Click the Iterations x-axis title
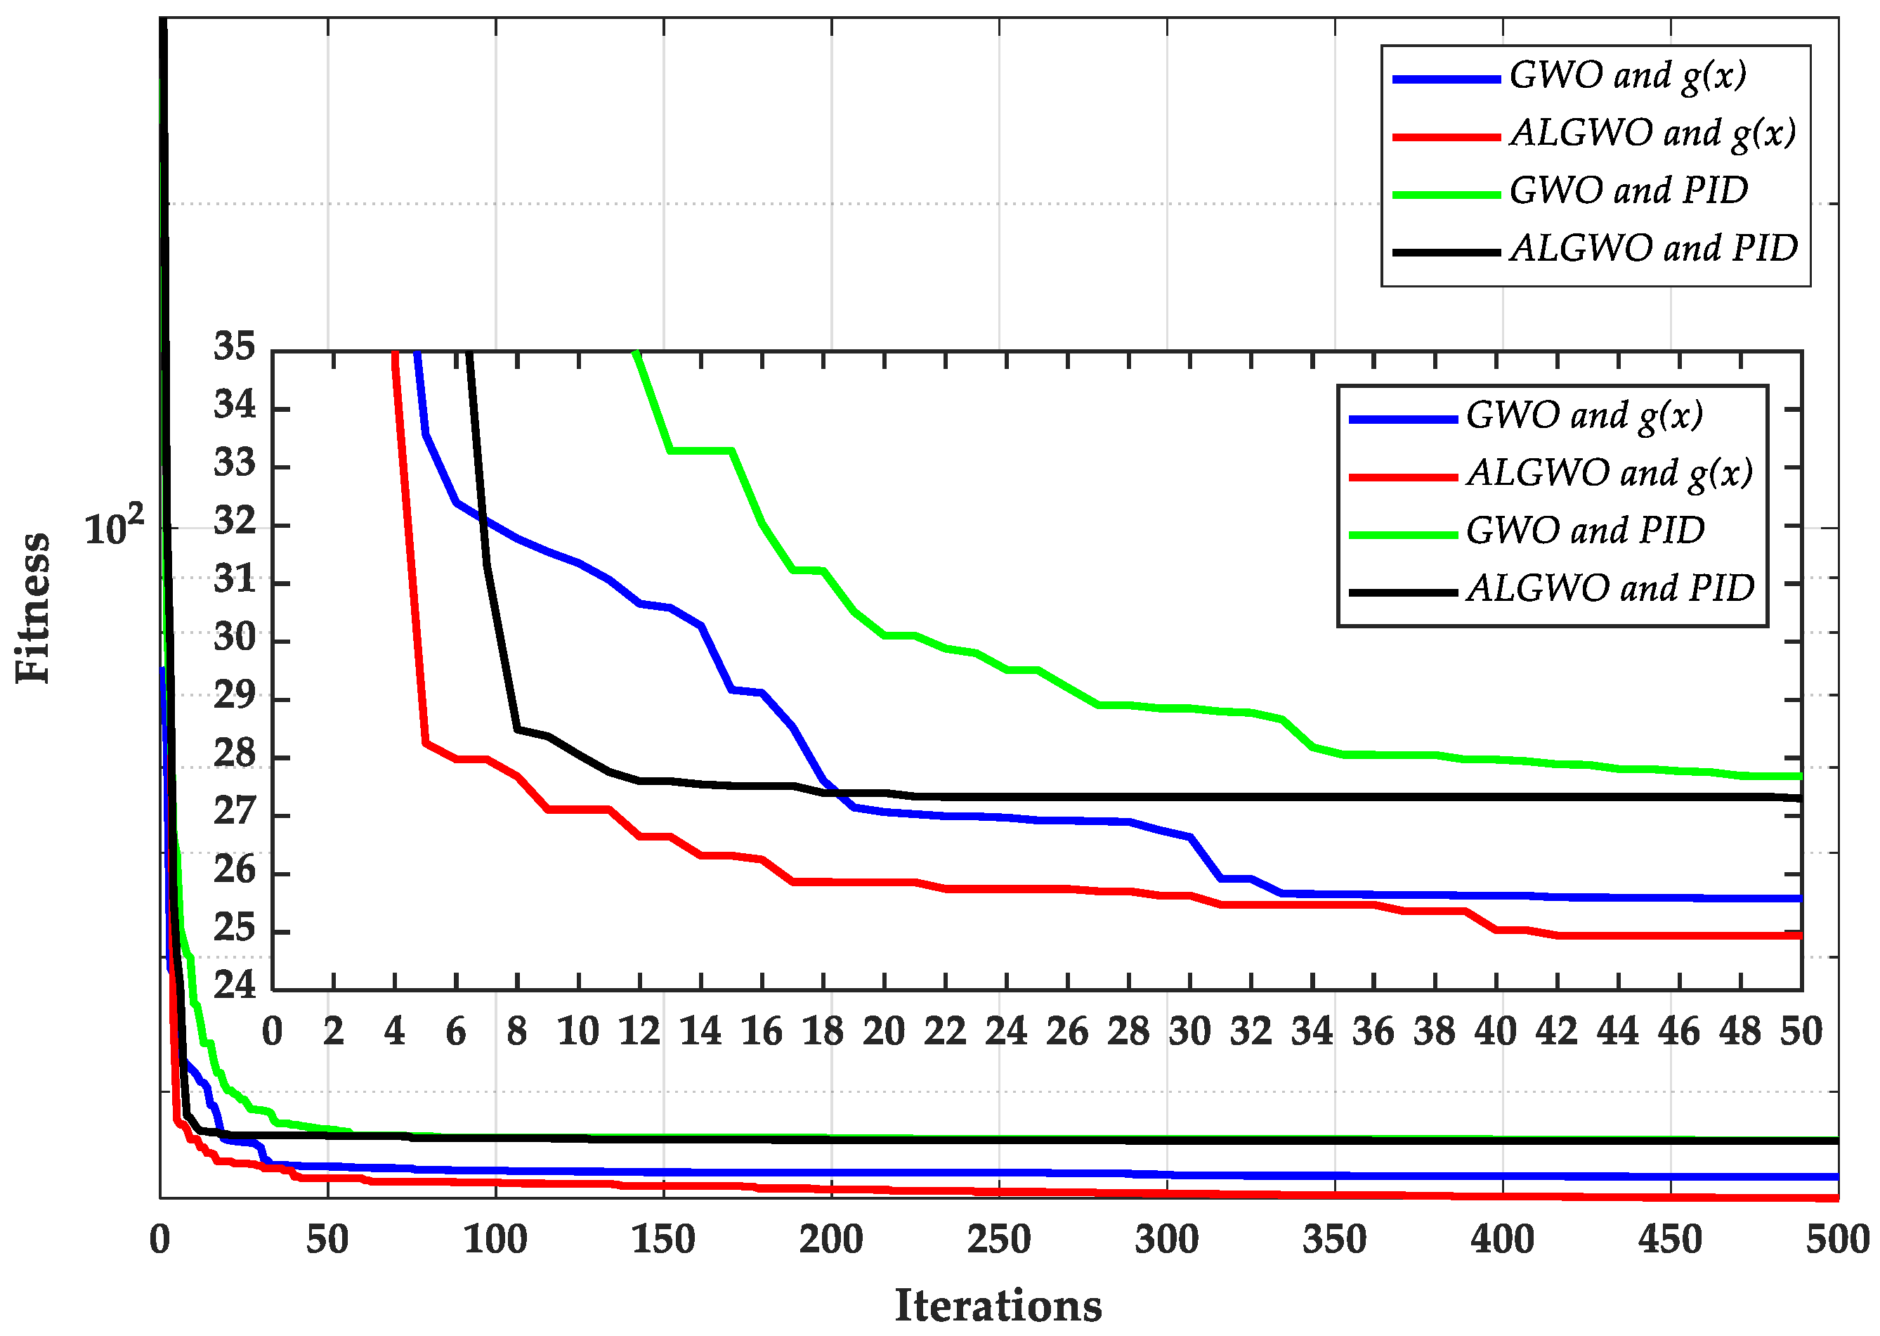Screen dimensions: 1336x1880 998,1305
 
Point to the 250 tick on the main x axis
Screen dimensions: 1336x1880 998,1240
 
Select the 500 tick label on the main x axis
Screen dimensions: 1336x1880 1837,1240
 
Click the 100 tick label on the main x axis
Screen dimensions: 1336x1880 495,1240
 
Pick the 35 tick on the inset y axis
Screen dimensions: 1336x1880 235,346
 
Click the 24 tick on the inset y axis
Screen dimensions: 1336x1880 235,985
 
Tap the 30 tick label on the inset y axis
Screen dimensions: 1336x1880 235,637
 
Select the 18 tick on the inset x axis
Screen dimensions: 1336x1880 823,1032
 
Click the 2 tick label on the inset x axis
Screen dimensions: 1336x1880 333,1032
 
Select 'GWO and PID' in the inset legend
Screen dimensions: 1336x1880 1585,531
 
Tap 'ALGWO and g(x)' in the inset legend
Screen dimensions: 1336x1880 1610,474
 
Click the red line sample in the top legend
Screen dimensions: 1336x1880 1446,137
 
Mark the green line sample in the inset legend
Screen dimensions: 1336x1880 1403,535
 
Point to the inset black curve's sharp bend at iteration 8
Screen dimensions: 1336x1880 517,729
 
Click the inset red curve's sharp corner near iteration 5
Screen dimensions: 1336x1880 425,743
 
